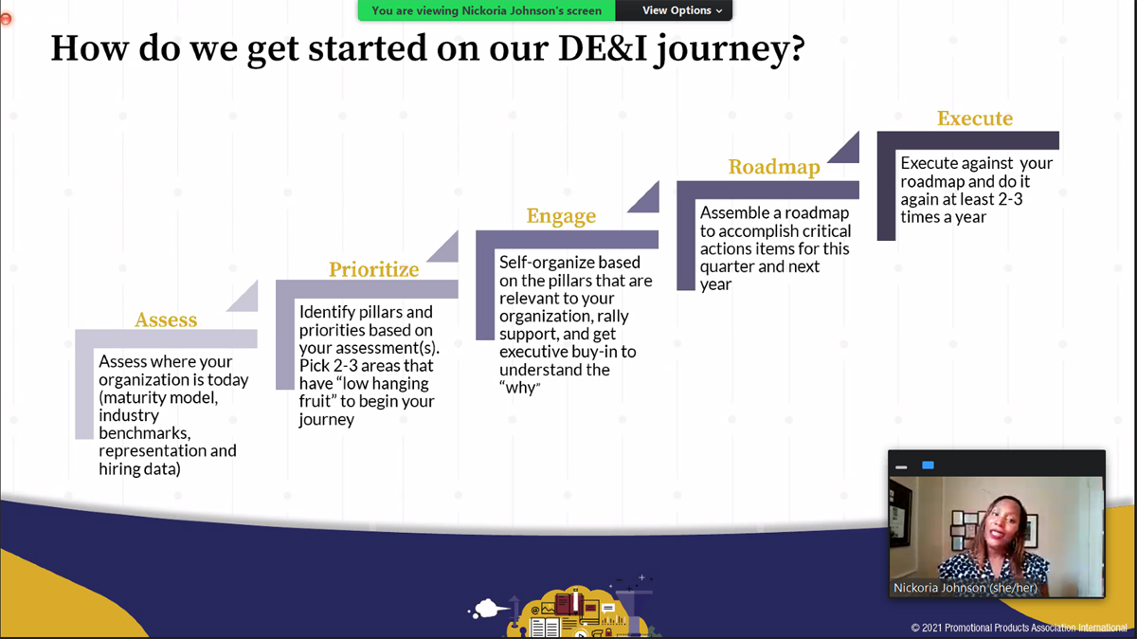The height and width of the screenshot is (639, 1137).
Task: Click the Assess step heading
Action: (x=166, y=319)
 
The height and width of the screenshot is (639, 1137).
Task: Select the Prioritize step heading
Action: (x=373, y=269)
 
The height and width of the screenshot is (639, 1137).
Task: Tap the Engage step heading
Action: (x=561, y=216)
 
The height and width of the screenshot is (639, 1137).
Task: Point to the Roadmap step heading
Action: (x=774, y=167)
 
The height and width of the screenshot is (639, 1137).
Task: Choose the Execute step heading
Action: (x=975, y=118)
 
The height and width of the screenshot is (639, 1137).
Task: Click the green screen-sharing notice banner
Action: (x=486, y=10)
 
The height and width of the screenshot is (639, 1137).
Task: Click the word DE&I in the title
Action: (x=603, y=48)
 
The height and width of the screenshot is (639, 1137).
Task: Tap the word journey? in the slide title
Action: (x=730, y=50)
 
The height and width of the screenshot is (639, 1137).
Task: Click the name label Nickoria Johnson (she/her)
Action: (x=965, y=588)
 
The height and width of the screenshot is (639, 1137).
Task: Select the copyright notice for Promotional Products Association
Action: (x=1019, y=628)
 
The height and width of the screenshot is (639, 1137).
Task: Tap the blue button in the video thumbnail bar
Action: (x=928, y=466)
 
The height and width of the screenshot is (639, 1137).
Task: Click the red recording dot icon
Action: (x=6, y=19)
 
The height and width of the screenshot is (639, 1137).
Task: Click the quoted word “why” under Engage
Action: (x=520, y=388)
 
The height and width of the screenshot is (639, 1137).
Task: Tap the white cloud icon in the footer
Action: (x=489, y=608)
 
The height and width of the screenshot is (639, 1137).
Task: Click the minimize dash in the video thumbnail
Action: (x=901, y=467)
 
